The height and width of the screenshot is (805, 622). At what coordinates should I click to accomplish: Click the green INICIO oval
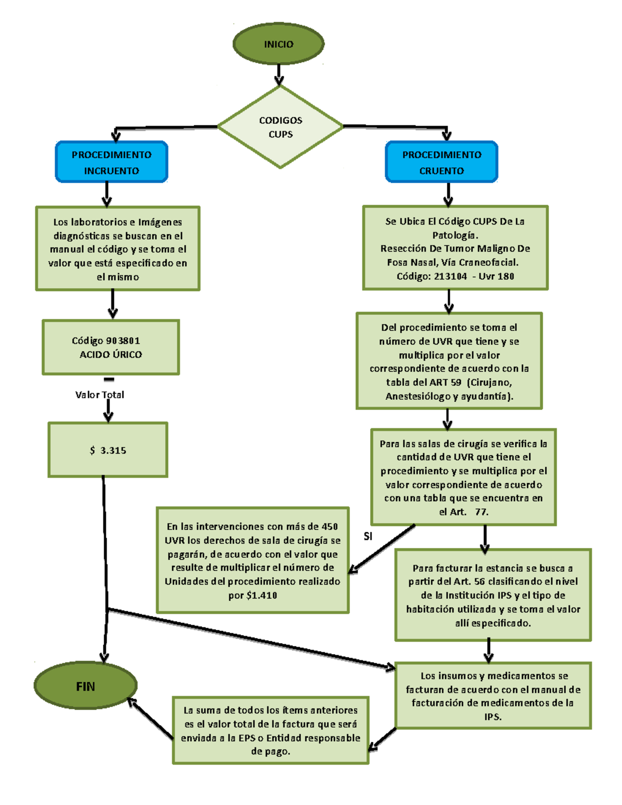[278, 44]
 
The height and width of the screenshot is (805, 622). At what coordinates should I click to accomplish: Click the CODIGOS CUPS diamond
[280, 127]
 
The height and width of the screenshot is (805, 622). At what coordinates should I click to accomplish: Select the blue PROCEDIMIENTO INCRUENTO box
[111, 162]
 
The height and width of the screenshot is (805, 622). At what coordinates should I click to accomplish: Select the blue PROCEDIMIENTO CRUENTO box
[442, 162]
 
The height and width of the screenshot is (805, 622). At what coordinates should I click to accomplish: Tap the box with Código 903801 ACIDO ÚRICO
[111, 347]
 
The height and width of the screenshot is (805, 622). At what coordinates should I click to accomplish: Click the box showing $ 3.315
[108, 450]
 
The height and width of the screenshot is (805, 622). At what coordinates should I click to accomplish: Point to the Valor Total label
[100, 395]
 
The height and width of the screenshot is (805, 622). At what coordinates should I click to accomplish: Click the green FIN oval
[86, 686]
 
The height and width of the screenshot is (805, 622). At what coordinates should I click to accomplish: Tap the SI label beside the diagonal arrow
[368, 536]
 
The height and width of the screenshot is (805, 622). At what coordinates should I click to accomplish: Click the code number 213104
[450, 276]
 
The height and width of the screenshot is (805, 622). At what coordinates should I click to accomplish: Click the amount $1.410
[262, 596]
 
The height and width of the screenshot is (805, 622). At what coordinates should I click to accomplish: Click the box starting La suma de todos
[271, 730]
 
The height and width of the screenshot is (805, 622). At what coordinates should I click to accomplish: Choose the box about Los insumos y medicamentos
[493, 696]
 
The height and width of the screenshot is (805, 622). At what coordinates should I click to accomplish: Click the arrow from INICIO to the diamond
[279, 74]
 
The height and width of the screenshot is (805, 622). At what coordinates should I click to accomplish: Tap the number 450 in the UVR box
[330, 527]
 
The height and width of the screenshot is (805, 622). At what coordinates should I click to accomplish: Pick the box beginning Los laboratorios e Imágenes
[118, 249]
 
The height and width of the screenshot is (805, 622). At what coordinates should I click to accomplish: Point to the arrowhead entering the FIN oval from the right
[131, 701]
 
